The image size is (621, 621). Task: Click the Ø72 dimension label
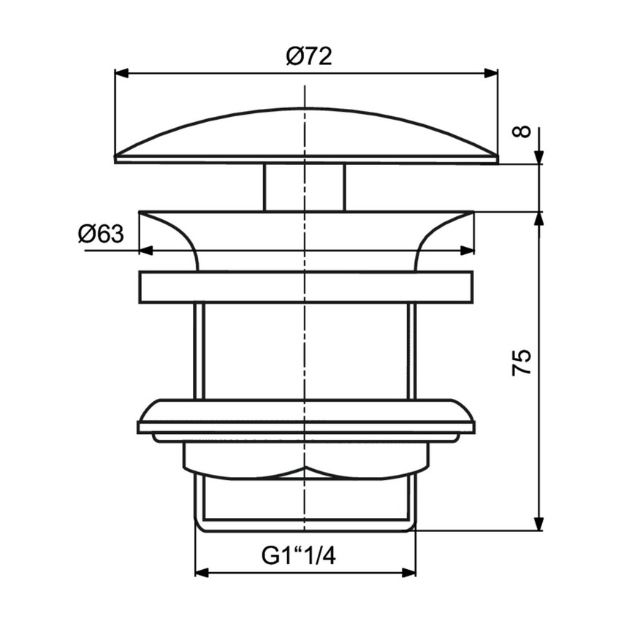309,56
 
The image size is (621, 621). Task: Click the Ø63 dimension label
101,235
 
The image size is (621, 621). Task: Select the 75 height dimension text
522,363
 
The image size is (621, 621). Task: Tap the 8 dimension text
521,132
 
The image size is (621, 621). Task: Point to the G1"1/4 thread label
299,557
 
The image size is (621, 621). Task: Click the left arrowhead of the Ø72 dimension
121,72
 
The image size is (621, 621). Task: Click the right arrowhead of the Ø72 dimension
492,72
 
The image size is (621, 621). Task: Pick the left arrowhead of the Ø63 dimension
145,251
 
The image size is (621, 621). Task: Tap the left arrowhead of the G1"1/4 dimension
201,573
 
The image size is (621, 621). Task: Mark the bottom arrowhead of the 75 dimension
539,524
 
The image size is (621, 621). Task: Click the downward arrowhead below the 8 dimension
539,158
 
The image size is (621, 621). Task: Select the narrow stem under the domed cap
303,187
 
